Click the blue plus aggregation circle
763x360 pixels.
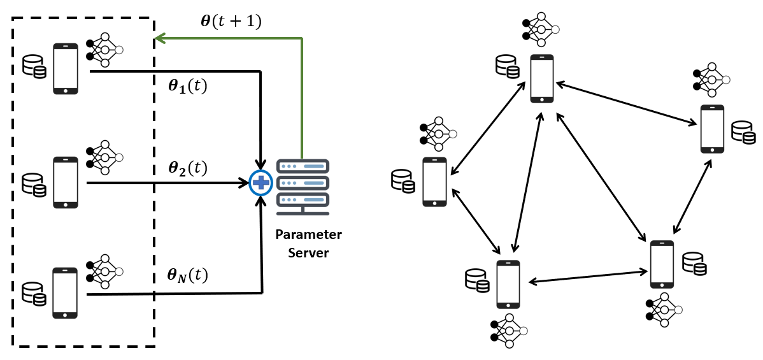click(x=260, y=183)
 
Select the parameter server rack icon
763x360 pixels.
click(x=302, y=183)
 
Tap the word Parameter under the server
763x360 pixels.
click(x=308, y=234)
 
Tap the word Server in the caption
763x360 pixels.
click(x=308, y=253)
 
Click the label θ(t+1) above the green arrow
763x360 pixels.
click(x=231, y=20)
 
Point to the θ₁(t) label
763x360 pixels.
click(x=187, y=87)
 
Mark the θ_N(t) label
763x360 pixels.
click(x=187, y=275)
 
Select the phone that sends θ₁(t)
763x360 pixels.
click(x=66, y=69)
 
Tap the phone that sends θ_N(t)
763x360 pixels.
click(x=66, y=292)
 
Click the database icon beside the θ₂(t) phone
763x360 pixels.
click(x=34, y=183)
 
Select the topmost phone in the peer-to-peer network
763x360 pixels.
click(x=542, y=78)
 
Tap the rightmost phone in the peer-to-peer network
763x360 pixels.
click(x=712, y=129)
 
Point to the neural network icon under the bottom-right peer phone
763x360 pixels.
click(x=664, y=310)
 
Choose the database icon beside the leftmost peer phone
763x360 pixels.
click(x=403, y=181)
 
